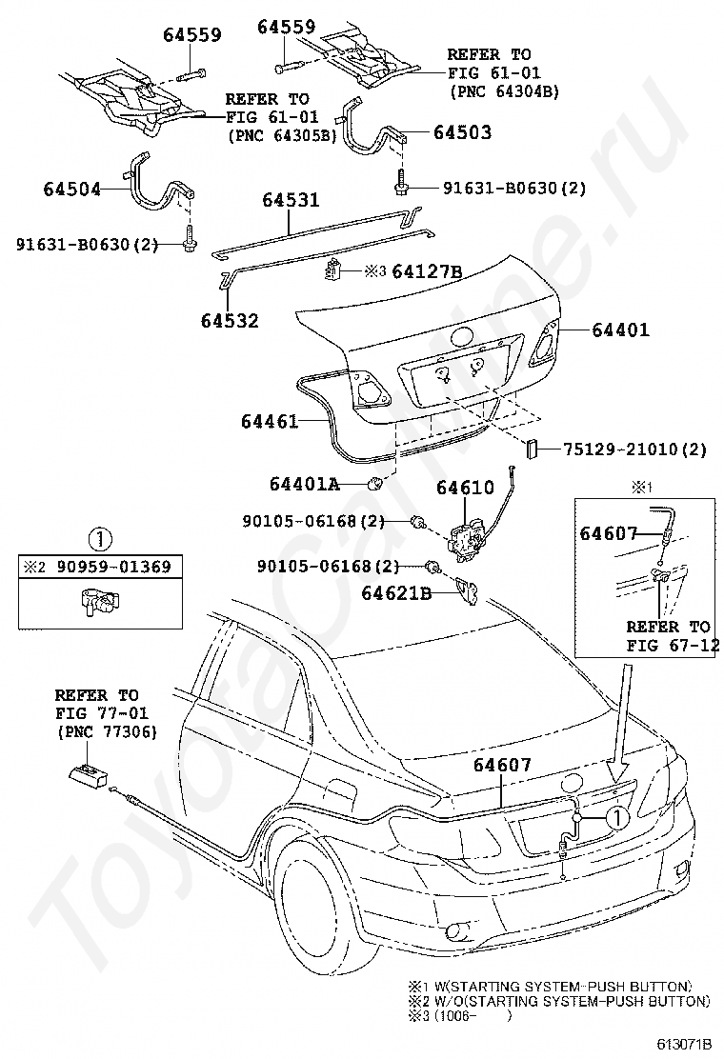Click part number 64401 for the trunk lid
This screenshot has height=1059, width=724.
click(x=620, y=330)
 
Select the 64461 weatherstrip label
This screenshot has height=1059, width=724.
click(x=270, y=422)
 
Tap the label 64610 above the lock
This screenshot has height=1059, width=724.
click(x=465, y=487)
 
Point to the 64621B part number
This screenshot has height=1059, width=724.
click(x=395, y=593)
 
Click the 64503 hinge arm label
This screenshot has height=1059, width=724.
click(x=463, y=132)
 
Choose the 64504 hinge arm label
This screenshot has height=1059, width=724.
click(x=71, y=190)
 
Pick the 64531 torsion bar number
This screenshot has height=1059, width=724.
click(x=291, y=200)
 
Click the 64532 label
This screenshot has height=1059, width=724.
click(x=230, y=320)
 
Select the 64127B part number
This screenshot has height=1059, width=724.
click(x=427, y=271)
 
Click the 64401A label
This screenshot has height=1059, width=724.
click(x=304, y=484)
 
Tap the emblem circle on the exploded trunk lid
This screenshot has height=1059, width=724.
click(x=464, y=337)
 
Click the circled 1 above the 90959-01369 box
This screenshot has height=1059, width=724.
click(x=100, y=540)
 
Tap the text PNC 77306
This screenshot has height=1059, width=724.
click(x=107, y=731)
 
